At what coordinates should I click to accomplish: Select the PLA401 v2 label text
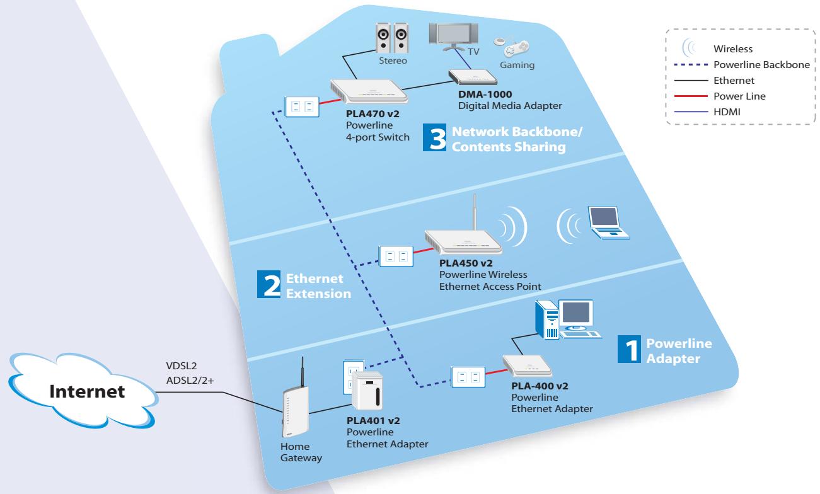(373, 420)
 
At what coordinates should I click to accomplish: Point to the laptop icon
(608, 222)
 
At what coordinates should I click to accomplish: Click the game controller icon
(511, 47)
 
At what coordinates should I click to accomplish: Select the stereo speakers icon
(392, 38)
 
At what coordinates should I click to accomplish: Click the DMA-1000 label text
(485, 94)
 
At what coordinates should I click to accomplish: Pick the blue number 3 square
(434, 137)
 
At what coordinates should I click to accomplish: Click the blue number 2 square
(269, 284)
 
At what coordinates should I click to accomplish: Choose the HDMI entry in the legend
(707, 112)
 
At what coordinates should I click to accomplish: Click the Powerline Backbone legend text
(761, 65)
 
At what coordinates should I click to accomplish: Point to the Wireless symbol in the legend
(689, 47)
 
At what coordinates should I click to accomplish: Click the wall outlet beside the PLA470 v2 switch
(302, 106)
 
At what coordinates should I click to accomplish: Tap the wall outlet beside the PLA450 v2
(396, 256)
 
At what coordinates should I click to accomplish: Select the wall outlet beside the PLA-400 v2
(468, 377)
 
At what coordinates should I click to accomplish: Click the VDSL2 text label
(181, 365)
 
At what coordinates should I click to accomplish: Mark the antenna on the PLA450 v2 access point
(475, 212)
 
